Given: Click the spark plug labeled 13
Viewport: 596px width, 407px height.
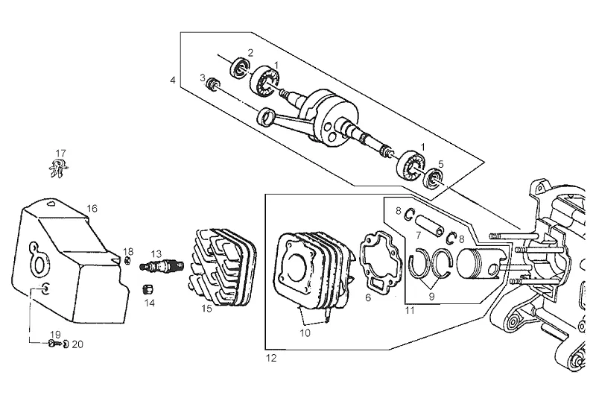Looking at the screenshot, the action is pos(162,265).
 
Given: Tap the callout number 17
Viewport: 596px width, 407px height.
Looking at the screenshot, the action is pos(61,154).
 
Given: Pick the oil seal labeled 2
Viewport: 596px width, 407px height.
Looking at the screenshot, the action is pos(239,68).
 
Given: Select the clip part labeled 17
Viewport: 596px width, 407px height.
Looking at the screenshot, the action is pos(59,168).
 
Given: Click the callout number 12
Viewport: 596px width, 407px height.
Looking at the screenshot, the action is pos(271,359).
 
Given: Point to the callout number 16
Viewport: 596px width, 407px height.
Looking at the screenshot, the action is pos(92,209).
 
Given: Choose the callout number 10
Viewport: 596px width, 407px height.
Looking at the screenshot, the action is pos(305,333).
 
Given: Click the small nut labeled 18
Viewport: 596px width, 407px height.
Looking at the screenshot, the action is pos(128,261).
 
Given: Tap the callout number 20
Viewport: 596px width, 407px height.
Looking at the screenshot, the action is pos(77,344).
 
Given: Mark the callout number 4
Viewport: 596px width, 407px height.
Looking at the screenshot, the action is pos(173,81).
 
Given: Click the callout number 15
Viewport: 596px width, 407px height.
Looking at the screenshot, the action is pos(207,309).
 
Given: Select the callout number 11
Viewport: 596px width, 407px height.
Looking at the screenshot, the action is pos(410,310).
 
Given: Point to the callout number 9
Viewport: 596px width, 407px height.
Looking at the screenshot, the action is pos(431,296).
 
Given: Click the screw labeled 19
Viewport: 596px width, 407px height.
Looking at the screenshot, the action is pos(54,344).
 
